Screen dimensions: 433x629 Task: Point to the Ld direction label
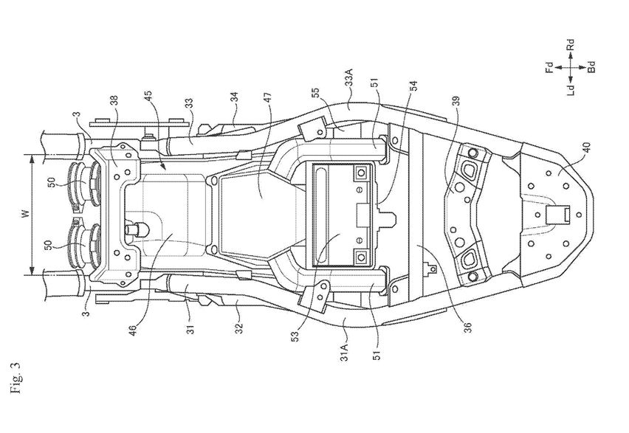(571, 87)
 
